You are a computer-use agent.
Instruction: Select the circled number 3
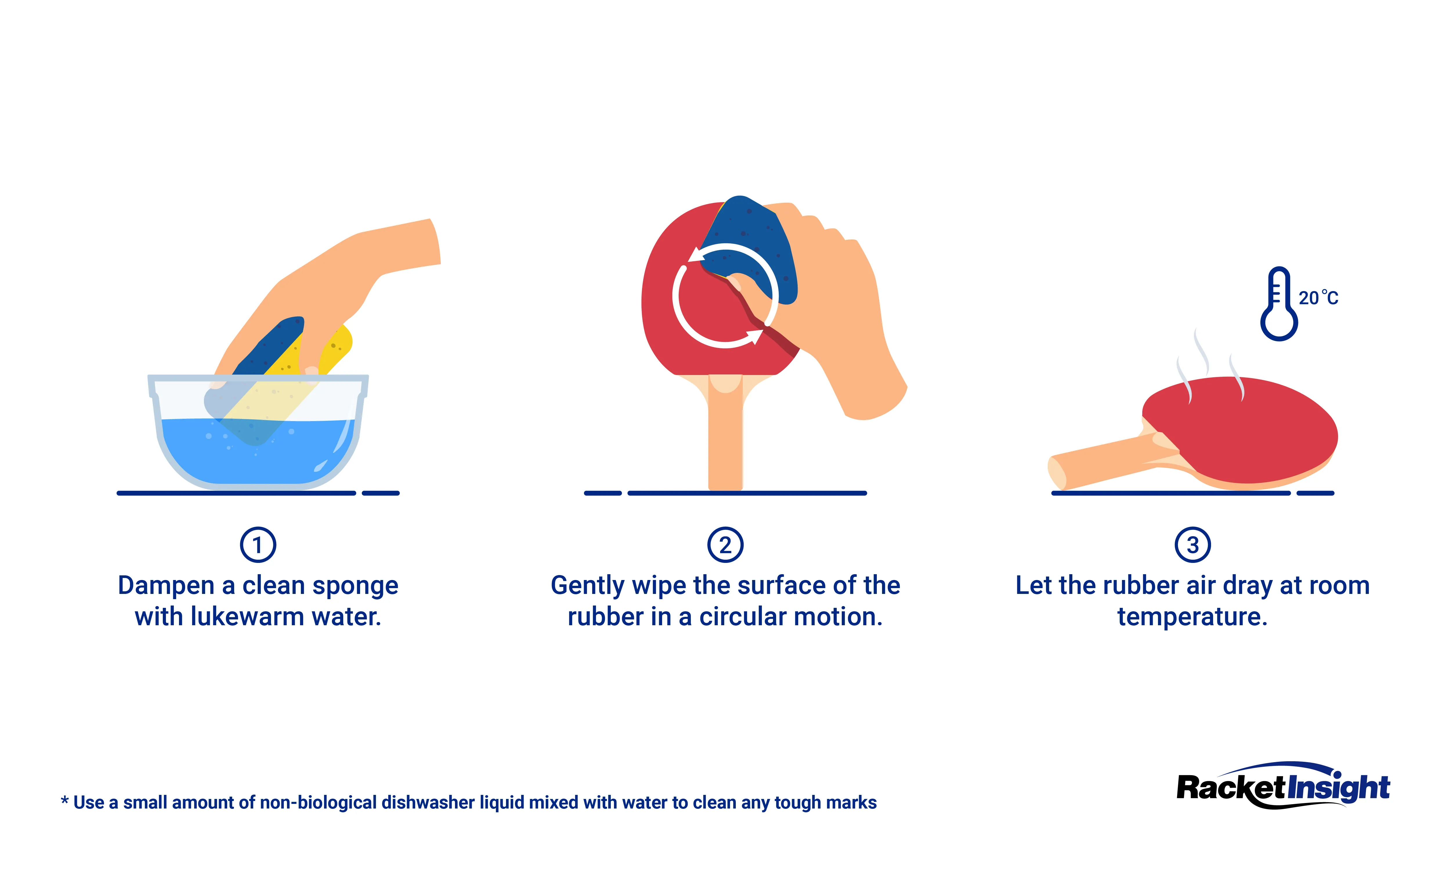pos(1192,545)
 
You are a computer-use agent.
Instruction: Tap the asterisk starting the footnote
pos(64,801)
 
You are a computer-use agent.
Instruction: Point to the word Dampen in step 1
pos(166,586)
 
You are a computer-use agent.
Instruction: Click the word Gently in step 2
pos(588,586)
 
